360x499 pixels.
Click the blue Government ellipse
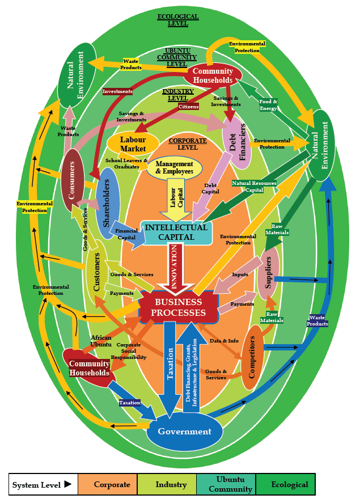pyautogui.click(x=184, y=432)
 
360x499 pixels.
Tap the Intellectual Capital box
pyautogui.click(x=176, y=232)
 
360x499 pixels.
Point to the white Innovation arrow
pyautogui.click(x=175, y=267)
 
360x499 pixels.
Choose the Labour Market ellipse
pyautogui.click(x=133, y=144)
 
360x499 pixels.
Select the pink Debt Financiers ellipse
pyautogui.click(x=237, y=142)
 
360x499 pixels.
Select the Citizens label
pyautogui.click(x=188, y=106)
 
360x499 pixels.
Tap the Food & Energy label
pyautogui.click(x=268, y=105)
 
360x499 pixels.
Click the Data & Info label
pyautogui.click(x=224, y=341)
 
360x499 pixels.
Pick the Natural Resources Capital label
pyautogui.click(x=254, y=187)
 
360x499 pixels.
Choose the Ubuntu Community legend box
pyautogui.click(x=226, y=485)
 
